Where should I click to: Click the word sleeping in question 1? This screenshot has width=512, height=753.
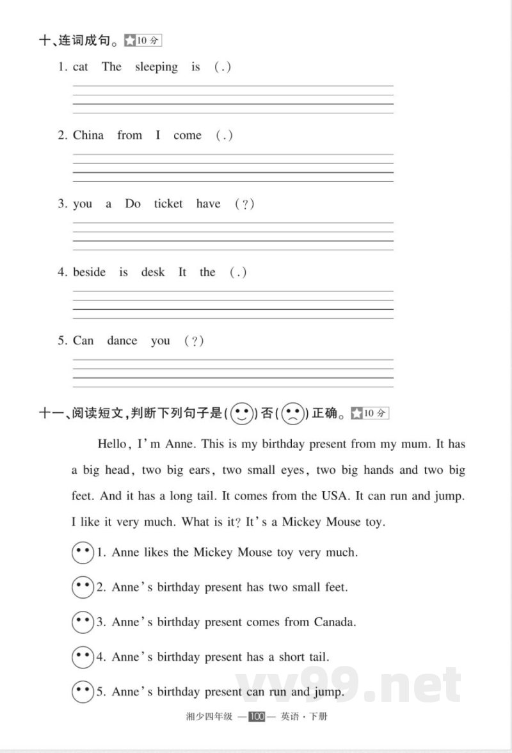pos(156,67)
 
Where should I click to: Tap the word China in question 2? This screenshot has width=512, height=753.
pos(88,135)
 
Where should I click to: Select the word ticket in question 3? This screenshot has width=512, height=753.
pos(168,204)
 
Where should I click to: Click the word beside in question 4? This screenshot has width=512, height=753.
pos(90,272)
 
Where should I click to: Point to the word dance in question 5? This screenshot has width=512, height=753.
pos(122,341)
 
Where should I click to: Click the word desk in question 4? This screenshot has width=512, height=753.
pos(153,272)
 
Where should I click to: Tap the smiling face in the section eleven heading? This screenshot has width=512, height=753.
pos(241,413)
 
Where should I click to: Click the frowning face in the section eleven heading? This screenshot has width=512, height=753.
pos(292,413)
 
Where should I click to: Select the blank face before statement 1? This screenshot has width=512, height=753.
pos(83,552)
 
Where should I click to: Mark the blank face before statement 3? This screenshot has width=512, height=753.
pos(83,622)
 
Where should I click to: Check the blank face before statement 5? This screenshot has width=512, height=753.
pos(83,692)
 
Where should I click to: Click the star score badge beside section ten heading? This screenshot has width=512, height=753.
pos(143,40)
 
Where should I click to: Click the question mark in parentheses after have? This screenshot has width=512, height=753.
pos(244,204)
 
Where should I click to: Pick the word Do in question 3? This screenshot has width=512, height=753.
pos(132,204)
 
